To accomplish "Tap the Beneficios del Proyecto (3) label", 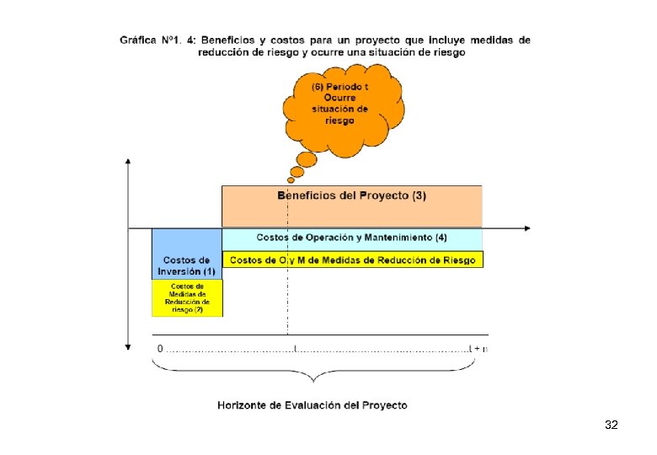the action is point(352,196).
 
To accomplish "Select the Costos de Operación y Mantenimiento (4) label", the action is point(352,238).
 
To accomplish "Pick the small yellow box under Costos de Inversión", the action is point(187,298).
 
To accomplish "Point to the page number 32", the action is point(612,426).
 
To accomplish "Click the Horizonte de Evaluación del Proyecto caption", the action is point(312,405).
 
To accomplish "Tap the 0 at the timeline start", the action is point(160,348).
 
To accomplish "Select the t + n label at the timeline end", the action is point(479,348).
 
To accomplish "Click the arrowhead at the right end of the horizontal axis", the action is point(527,227).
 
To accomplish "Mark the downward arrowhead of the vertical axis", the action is point(127,345).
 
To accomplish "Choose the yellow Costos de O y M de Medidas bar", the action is point(352,260).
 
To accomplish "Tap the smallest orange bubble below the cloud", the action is point(291,179).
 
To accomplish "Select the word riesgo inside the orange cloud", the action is point(339,120).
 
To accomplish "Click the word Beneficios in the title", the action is point(228,40).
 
